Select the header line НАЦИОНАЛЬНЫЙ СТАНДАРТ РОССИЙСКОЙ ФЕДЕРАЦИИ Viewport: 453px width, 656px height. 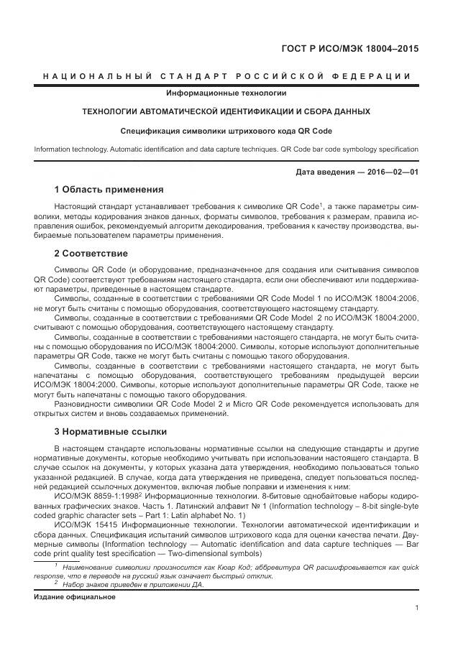tap(226, 76)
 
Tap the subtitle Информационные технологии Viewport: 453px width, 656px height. tap(226, 93)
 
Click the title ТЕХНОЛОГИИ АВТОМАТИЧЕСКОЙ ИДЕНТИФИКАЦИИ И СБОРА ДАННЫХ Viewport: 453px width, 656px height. tap(226, 112)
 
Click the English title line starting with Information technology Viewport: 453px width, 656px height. tap(226, 149)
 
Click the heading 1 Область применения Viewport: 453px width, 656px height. tap(109, 190)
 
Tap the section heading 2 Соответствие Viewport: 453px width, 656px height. tap(91, 254)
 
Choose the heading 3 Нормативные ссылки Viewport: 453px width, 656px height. tap(111, 432)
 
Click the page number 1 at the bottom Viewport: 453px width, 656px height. tap(417, 608)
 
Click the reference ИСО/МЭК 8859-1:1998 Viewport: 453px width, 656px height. tap(93, 496)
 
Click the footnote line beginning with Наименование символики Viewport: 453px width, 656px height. tap(237, 567)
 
